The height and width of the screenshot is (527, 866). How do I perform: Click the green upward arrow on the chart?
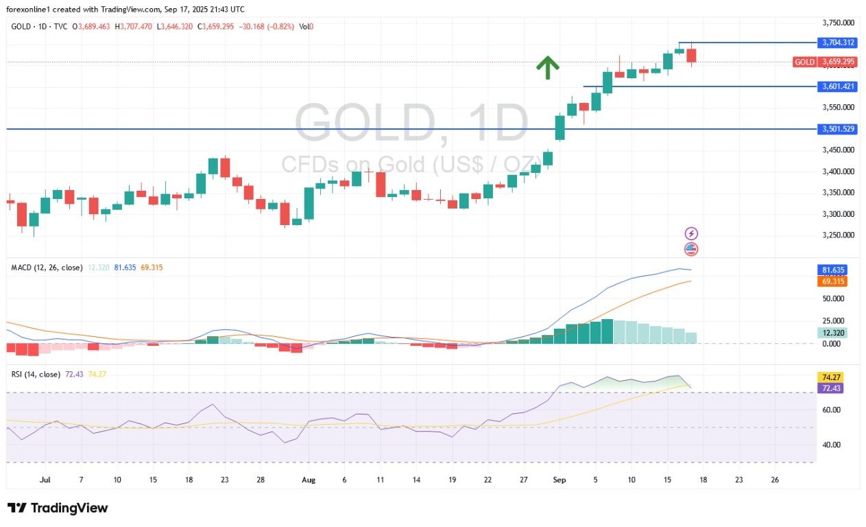click(x=547, y=67)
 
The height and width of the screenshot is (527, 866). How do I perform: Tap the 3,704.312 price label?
click(x=838, y=43)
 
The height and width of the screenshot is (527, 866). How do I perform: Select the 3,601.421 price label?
click(x=838, y=86)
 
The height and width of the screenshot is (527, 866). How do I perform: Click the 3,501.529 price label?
click(x=838, y=129)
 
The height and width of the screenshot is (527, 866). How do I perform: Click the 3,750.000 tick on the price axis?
click(x=837, y=23)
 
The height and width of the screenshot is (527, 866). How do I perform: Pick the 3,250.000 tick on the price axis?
click(x=837, y=235)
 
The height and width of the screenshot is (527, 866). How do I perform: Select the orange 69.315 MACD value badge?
click(x=832, y=281)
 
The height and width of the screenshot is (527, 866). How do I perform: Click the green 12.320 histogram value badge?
click(x=832, y=333)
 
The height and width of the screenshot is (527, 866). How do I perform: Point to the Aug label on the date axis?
click(x=309, y=480)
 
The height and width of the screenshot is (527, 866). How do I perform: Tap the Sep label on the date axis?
click(x=559, y=480)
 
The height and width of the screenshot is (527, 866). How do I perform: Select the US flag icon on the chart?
click(x=691, y=249)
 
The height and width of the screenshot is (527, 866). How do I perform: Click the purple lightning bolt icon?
click(x=691, y=234)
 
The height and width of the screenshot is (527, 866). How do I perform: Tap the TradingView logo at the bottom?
click(x=58, y=508)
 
